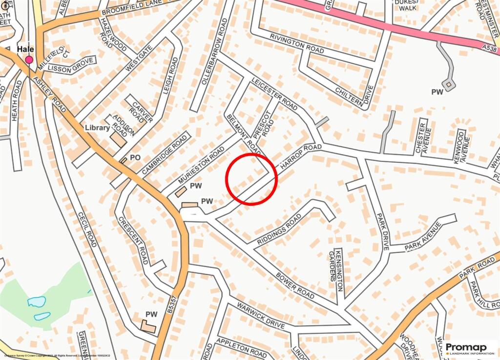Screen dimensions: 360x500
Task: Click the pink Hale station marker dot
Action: [29, 60]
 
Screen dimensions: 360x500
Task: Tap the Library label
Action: [97, 127]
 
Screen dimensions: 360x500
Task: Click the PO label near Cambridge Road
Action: [135, 158]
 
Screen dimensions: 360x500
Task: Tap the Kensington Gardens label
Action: [335, 268]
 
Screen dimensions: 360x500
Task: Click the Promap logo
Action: [469, 348]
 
